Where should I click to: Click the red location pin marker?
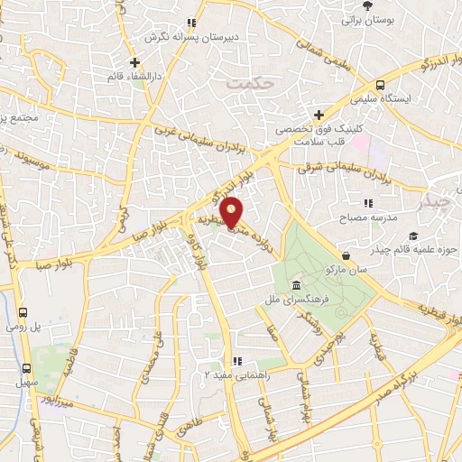tap(233, 212)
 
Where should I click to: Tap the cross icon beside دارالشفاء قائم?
tap(134, 62)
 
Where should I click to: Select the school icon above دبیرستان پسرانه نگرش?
tap(190, 23)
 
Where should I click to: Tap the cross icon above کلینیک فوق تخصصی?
tap(318, 115)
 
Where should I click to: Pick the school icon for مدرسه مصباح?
tap(366, 205)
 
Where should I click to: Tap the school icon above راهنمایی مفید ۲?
tap(236, 360)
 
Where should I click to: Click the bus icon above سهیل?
tap(27, 368)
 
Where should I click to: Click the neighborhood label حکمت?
tap(251, 81)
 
